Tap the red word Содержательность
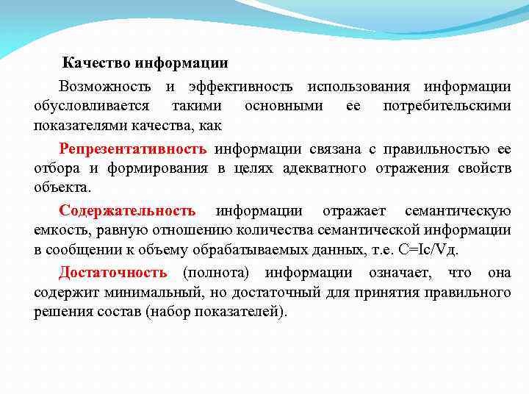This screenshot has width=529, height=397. [127, 212]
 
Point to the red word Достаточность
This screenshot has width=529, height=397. [113, 273]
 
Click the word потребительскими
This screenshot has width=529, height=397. [447, 106]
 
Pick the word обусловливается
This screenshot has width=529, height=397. [92, 106]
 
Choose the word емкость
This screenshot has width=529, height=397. [58, 230]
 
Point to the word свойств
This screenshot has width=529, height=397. [485, 168]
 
